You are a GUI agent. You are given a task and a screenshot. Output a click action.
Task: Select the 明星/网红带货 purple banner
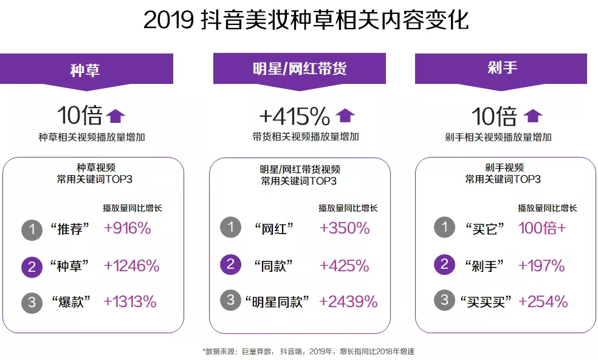coord(299,68)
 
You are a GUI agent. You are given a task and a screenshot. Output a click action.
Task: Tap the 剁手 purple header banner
coord(501,68)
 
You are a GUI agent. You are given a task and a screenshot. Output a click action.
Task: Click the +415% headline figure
coord(294,116)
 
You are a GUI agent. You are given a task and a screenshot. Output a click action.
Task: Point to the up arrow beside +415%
coord(345,115)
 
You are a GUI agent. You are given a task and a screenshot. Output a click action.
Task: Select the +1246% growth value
coord(131,265)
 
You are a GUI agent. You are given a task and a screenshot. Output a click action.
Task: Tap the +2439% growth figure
coord(348,301)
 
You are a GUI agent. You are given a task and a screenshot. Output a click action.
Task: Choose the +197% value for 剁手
coord(541,265)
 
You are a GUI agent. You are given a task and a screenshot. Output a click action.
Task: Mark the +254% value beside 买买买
coord(543,301)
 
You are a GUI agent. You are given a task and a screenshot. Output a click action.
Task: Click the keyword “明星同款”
coord(277,302)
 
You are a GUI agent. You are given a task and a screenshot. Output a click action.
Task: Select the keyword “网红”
coord(273,229)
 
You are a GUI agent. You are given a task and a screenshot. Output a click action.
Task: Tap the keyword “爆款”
coord(72,302)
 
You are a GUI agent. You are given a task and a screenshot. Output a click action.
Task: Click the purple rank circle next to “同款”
coord(230,265)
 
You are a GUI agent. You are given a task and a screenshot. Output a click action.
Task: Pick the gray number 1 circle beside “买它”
coord(444,229)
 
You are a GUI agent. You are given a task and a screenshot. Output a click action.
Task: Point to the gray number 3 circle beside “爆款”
coord(32,301)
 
